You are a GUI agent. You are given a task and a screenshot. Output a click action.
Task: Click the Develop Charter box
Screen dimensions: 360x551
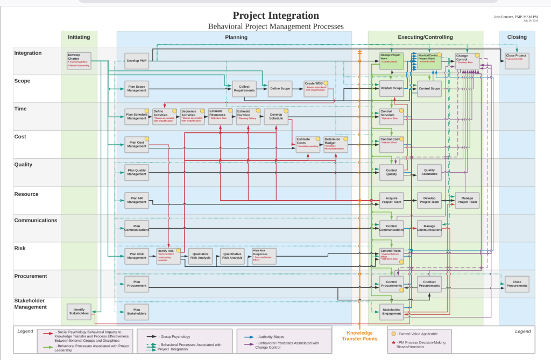pos(79,61)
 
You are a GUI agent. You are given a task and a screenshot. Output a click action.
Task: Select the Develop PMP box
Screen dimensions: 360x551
pos(137,61)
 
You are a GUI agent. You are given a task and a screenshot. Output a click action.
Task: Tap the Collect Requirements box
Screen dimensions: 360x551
pos(244,89)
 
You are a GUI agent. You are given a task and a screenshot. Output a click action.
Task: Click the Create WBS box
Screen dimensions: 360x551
pos(315,88)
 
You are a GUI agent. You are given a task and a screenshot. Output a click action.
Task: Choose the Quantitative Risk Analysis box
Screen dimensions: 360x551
pos(232,256)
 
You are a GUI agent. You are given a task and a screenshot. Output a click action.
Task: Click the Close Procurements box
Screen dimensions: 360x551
pos(517,284)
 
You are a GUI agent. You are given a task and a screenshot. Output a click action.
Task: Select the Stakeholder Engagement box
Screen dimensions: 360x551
pos(391,312)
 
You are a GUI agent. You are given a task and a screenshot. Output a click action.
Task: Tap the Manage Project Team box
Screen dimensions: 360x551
pos(467,200)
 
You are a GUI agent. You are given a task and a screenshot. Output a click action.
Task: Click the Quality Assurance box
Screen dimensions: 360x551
pos(429,172)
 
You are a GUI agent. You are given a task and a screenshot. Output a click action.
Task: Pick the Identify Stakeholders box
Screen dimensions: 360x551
pos(79,312)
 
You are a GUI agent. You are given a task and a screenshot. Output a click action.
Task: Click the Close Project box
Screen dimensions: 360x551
pos(517,61)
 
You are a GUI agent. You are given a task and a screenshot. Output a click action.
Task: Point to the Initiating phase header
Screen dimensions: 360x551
pos(79,37)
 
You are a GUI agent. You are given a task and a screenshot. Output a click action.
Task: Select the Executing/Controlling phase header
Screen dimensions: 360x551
pos(425,37)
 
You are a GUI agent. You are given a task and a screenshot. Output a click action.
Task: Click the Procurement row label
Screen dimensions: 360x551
pos(31,276)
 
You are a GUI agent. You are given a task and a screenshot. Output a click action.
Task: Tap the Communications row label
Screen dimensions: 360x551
pos(36,220)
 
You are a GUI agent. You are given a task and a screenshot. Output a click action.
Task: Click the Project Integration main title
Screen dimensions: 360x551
pos(275,16)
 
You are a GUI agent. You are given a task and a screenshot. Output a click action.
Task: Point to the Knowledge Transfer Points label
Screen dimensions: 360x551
pos(359,336)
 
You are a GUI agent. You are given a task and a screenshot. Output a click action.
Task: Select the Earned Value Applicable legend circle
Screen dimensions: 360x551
pos(394,334)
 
